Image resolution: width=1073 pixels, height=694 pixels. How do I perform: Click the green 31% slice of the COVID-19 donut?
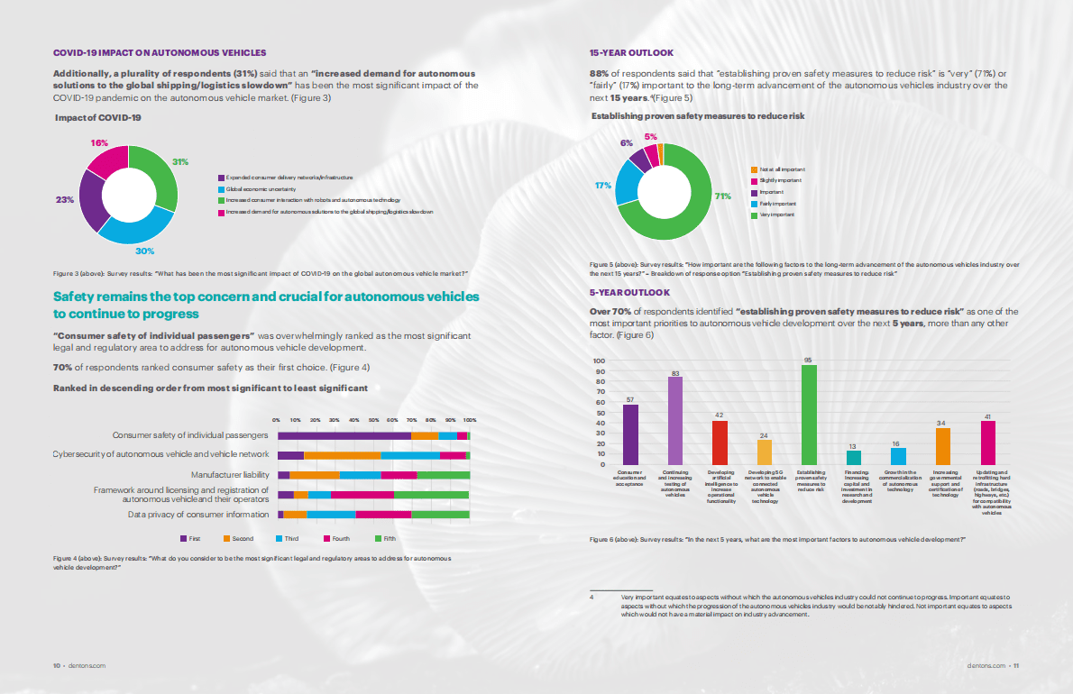pyautogui.click(x=157, y=175)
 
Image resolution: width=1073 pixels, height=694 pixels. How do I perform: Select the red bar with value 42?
pyautogui.click(x=720, y=443)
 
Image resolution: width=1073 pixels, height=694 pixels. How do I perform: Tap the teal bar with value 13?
pyautogui.click(x=853, y=458)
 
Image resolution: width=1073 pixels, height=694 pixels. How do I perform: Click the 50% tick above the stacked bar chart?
pyautogui.click(x=373, y=420)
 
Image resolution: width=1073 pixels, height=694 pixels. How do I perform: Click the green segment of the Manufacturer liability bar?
pyautogui.click(x=443, y=475)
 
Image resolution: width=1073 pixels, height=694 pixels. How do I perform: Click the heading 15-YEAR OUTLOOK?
pyautogui.click(x=631, y=53)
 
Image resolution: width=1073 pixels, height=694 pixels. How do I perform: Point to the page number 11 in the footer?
pyautogui.click(x=1015, y=666)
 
